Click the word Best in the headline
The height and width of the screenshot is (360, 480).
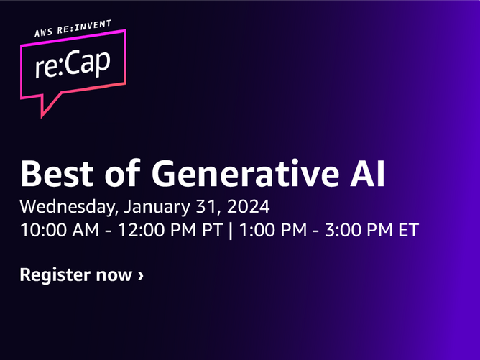pyautogui.click(x=57, y=173)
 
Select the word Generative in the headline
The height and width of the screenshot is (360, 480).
pyautogui.click(x=245, y=173)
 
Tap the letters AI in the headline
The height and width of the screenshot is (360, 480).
pyautogui.click(x=367, y=173)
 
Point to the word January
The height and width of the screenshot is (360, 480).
pyautogui.click(x=157, y=207)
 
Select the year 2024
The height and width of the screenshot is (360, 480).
pyautogui.click(x=249, y=206)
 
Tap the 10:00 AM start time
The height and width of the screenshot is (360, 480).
pyautogui.click(x=60, y=230)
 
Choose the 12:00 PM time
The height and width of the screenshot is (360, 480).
pyautogui.click(x=157, y=230)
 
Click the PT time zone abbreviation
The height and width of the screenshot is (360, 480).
pyautogui.click(x=212, y=230)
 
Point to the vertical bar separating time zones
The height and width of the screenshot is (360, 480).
pyautogui.click(x=231, y=231)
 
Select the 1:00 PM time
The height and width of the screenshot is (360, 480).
pyautogui.click(x=273, y=230)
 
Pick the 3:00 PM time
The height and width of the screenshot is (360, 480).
pyautogui.click(x=359, y=230)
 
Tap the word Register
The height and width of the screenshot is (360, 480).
pyautogui.click(x=55, y=275)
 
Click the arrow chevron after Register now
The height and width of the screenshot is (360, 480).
pyautogui.click(x=141, y=276)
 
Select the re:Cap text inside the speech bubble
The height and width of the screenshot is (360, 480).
pyautogui.click(x=73, y=64)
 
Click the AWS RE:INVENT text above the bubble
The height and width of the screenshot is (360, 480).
pyautogui.click(x=73, y=28)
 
